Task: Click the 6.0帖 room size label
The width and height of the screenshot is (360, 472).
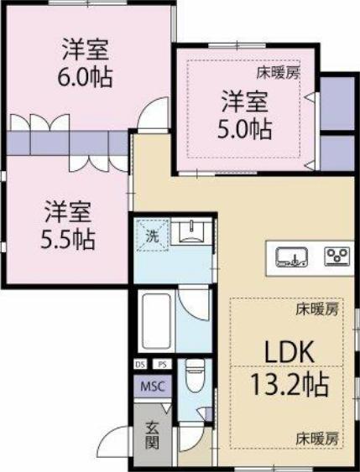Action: pos(85,77)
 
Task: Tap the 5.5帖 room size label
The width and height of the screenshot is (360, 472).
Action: pos(68,240)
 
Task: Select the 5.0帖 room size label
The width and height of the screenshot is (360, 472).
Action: pos(245,129)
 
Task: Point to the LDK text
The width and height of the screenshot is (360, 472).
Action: pos(290,351)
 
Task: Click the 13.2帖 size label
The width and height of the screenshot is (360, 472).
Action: pos(290,385)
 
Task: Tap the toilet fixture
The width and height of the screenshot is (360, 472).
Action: pos(195,376)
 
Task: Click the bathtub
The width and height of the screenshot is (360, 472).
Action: pos(156,321)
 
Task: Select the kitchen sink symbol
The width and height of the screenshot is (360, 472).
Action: pos(292,257)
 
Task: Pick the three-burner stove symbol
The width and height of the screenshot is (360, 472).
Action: pos(337,257)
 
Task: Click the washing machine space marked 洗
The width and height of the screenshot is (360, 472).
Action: pos(152,236)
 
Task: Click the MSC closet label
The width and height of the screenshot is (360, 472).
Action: pos(153,386)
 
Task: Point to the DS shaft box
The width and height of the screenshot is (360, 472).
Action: pos(140,365)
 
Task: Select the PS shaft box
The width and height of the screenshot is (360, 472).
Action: pos(162,365)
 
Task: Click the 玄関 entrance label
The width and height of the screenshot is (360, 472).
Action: pos(153,435)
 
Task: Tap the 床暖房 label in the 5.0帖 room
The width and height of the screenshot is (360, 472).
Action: pos(278,73)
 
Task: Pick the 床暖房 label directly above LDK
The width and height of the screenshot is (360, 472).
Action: pos(317,309)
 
